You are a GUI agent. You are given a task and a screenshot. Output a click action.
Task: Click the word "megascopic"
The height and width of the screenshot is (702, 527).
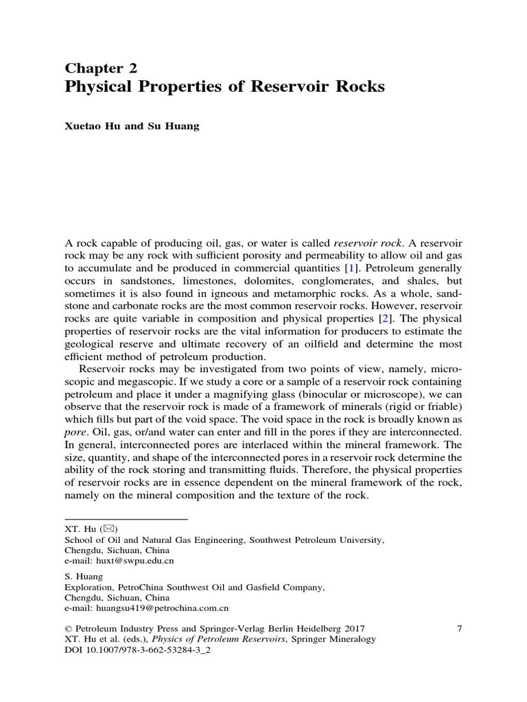pyautogui.click(x=115, y=382)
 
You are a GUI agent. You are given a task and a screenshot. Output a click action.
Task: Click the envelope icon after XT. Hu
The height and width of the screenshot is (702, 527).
pyautogui.click(x=109, y=529)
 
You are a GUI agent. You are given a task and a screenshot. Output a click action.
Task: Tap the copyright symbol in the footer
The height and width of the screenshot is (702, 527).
pyautogui.click(x=67, y=628)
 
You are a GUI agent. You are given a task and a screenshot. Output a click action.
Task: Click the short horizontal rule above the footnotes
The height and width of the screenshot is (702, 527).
pyautogui.click(x=125, y=519)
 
